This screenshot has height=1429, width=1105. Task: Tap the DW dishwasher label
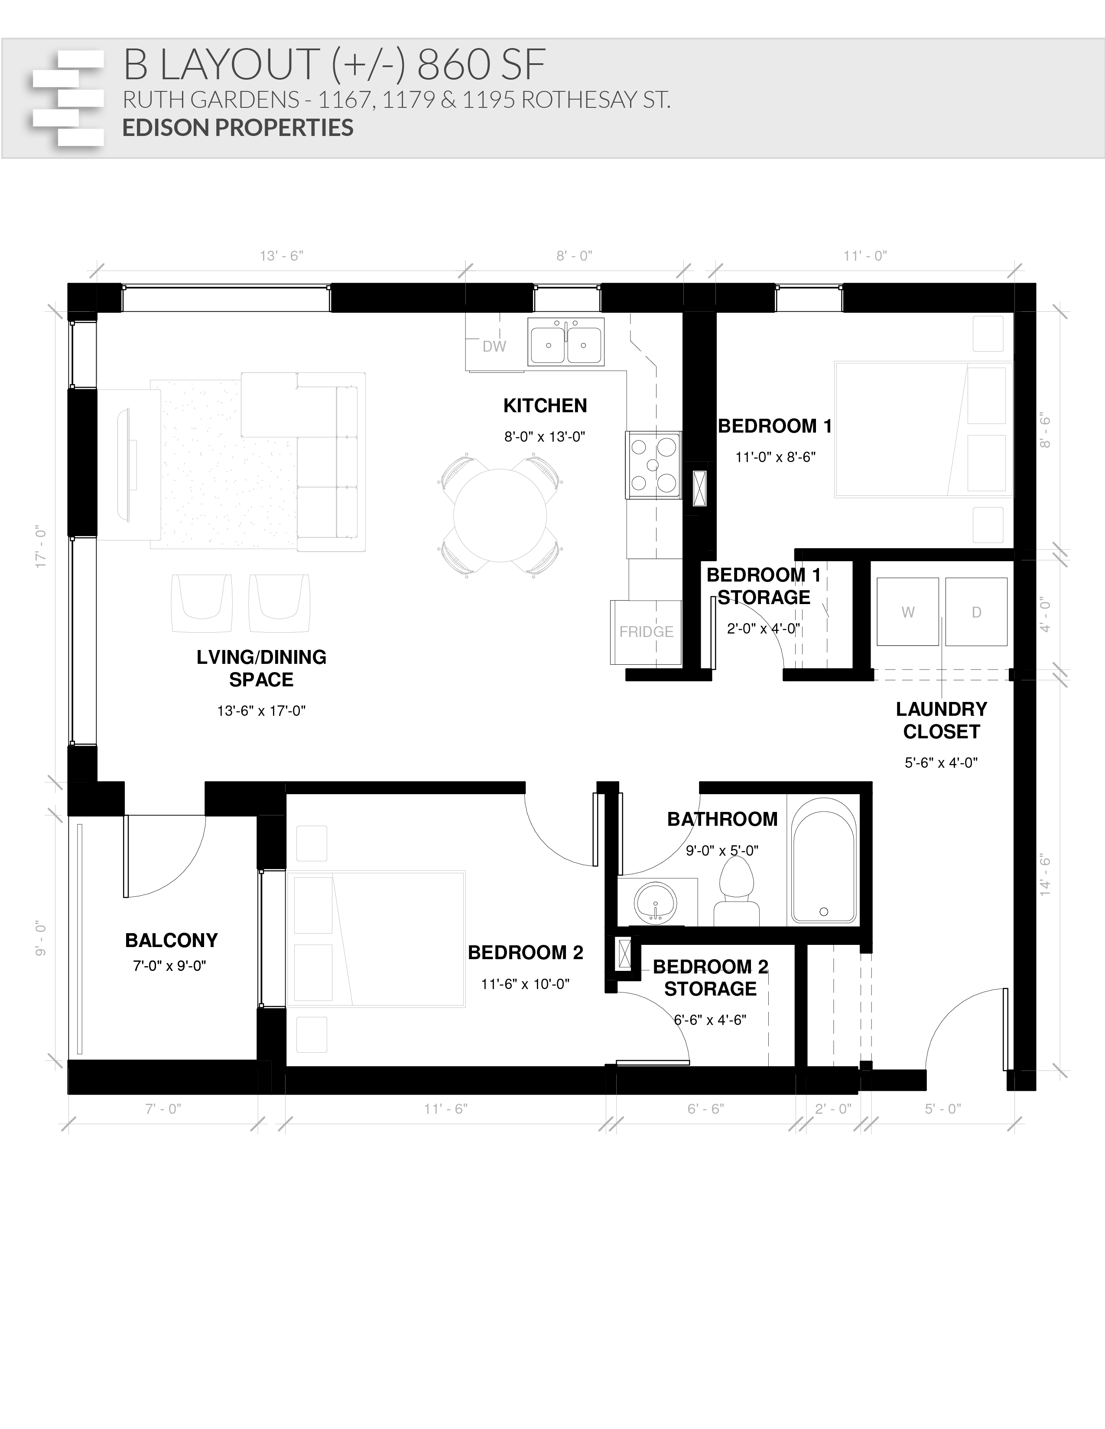pos(494,347)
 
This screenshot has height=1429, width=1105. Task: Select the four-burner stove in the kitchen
pos(653,465)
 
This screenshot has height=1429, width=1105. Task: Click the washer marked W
pos(908,612)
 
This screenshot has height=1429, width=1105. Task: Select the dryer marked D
pos(976,612)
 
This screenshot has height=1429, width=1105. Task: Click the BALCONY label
pos(172,940)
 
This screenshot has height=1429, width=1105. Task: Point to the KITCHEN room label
pos(545,406)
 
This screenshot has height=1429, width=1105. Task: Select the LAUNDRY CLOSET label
pos(941,721)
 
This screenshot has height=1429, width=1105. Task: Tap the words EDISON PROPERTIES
pos(237,128)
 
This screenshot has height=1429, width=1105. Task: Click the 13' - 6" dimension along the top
pos(282,256)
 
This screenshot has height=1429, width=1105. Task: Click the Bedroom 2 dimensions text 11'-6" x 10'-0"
pos(525,984)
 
